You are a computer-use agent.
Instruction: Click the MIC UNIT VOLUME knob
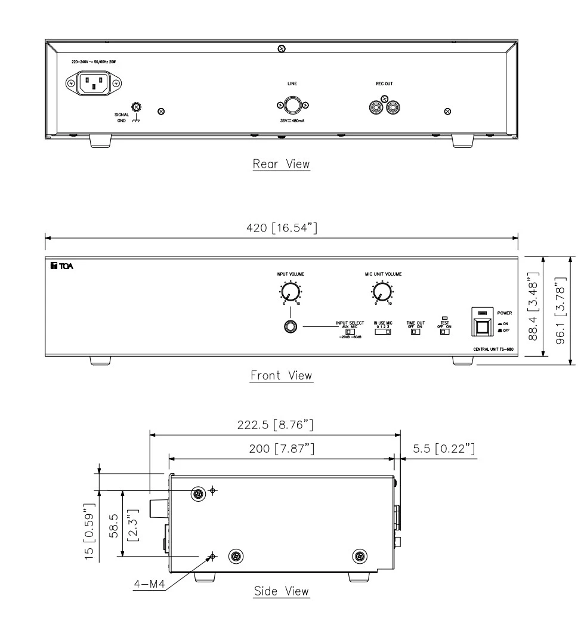(382, 292)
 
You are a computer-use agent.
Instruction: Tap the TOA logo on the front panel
(62, 265)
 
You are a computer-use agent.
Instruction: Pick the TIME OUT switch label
(415, 323)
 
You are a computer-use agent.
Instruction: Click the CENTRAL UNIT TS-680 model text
(484, 347)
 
